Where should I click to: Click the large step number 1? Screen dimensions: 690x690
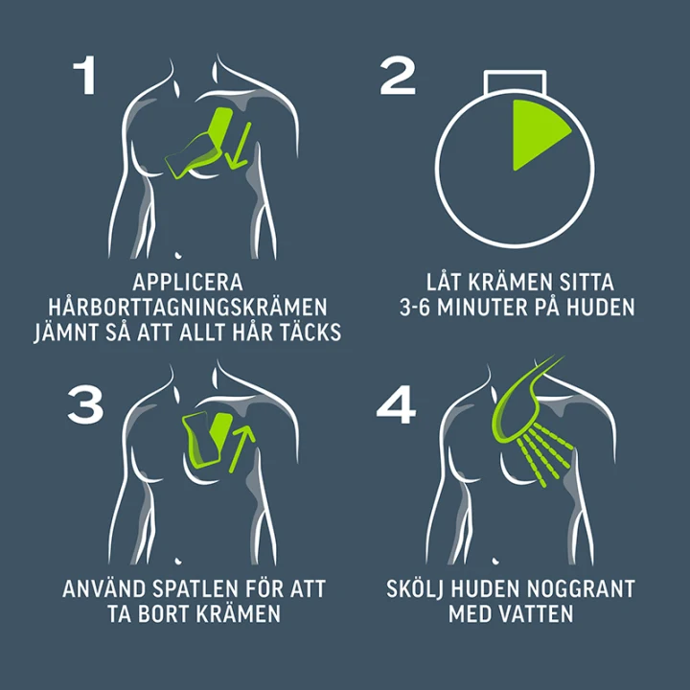point(85,75)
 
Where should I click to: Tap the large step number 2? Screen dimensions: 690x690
point(398,76)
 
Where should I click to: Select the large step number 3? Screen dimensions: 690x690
point(85,404)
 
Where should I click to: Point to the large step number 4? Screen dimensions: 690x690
point(396,404)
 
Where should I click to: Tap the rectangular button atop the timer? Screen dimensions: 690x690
point(515,82)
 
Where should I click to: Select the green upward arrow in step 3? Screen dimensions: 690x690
point(241,448)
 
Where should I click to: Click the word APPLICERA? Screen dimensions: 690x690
point(188,283)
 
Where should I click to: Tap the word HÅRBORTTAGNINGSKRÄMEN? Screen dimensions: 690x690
point(188,307)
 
